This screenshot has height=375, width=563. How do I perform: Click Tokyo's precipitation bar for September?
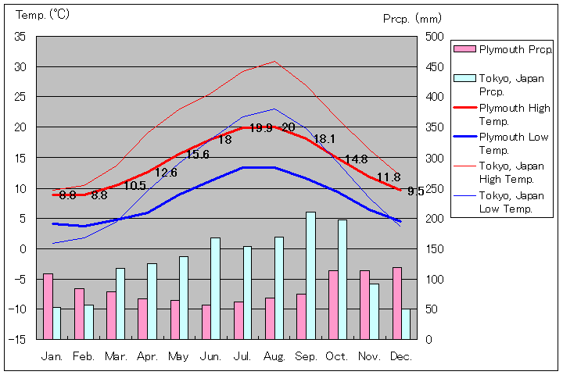(310, 275)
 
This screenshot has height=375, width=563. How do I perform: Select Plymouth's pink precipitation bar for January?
(48, 306)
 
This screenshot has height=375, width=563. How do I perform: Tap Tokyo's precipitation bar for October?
(342, 279)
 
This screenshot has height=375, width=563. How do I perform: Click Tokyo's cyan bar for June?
(215, 288)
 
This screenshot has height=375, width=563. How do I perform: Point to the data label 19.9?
(260, 128)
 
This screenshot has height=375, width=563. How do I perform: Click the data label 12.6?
(166, 173)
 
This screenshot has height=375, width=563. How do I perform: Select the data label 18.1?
(324, 139)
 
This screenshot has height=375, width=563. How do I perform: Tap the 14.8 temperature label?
(356, 159)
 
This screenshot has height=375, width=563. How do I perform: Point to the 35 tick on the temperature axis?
(20, 37)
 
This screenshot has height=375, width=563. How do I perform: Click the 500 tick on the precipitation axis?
(435, 37)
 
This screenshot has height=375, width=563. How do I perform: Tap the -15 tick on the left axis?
(18, 340)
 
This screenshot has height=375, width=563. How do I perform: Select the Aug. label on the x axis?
(274, 356)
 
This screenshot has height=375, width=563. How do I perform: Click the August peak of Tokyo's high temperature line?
(274, 61)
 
